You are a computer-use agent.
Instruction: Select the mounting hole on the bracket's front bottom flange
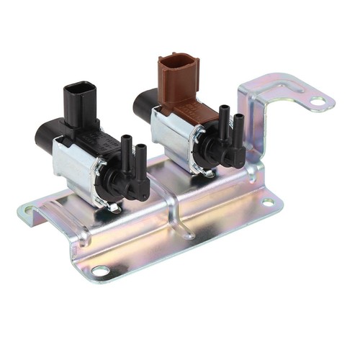click(101, 270)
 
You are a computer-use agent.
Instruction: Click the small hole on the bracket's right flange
click(267, 203)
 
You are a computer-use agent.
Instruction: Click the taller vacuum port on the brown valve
click(223, 119)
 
